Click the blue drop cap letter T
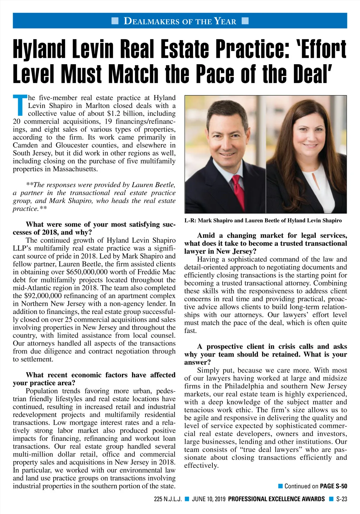pyautogui.click(x=20, y=105)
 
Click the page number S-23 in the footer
pyautogui.click(x=341, y=499)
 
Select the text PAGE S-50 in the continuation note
pyautogui.click(x=333, y=486)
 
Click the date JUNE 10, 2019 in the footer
pyautogui.click(x=209, y=499)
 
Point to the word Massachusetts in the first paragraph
pyautogui.click(x=75, y=169)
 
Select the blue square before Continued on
pyautogui.click(x=280, y=486)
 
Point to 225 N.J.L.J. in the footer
pyautogui.click(x=168, y=499)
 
